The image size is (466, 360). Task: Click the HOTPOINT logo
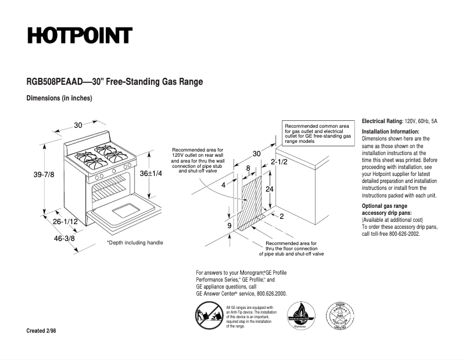79,36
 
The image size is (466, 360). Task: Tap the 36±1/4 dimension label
151,174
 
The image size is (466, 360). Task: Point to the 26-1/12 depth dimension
65,222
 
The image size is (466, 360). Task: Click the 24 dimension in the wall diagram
270,189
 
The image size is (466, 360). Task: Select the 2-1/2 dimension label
279,162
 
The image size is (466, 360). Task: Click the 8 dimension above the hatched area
249,168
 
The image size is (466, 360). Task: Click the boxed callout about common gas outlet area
317,133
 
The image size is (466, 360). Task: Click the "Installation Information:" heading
390,131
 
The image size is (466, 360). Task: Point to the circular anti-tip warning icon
206,316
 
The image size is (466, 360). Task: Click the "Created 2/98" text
41,331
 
